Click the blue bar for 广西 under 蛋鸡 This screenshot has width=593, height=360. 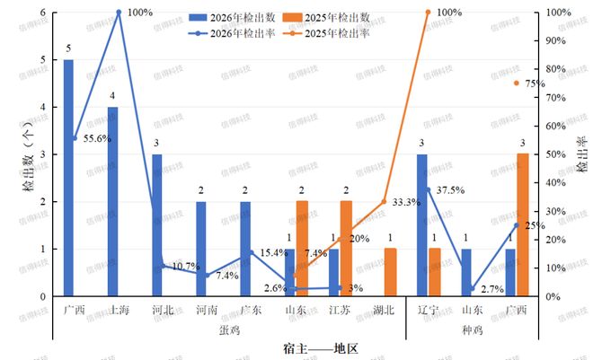click(68, 178)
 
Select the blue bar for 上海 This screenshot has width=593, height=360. click(112, 201)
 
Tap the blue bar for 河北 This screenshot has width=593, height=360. click(157, 225)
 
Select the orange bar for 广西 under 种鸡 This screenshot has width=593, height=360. click(522, 225)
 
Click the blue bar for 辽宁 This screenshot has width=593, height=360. click(421, 225)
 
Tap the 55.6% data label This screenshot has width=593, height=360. click(97, 139)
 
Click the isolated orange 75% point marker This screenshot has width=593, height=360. click(517, 83)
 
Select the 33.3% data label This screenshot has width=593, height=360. click(407, 202)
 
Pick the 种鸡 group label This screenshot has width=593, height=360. click(471, 329)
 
